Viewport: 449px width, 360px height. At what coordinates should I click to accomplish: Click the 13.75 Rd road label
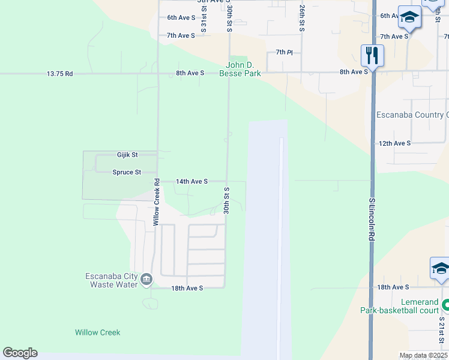(x=60, y=74)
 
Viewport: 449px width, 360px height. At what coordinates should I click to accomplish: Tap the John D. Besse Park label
(x=243, y=70)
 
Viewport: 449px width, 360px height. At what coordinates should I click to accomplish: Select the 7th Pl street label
(x=285, y=53)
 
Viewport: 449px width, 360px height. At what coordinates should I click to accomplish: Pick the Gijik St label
(x=127, y=155)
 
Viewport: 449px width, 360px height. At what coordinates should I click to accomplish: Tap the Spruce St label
(x=127, y=172)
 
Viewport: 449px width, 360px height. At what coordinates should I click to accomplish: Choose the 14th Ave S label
(x=191, y=181)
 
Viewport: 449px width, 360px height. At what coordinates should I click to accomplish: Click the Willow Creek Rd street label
(x=155, y=202)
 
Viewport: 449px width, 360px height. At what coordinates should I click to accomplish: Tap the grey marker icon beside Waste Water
(x=146, y=280)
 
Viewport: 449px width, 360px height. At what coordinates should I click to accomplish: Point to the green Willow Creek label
(x=97, y=332)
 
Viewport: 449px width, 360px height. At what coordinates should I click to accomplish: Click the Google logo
(x=20, y=353)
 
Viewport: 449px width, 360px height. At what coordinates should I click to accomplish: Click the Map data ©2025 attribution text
(x=423, y=355)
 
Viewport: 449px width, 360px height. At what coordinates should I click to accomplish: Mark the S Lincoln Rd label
(x=372, y=220)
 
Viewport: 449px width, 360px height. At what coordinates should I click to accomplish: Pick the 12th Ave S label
(x=394, y=143)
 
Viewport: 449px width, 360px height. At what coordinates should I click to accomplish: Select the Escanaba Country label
(x=412, y=115)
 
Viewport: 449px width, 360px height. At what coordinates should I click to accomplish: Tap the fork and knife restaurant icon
(x=372, y=56)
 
